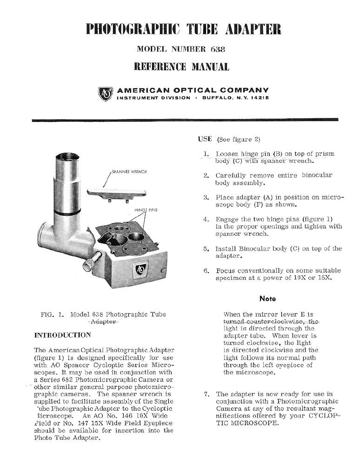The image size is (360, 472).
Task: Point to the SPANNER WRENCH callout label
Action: (x=130, y=171)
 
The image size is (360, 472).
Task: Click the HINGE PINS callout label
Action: (x=146, y=210)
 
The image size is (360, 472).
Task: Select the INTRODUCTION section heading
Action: (x=63, y=335)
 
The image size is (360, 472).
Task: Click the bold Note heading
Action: (x=267, y=299)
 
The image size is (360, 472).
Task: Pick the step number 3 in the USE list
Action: (x=206, y=197)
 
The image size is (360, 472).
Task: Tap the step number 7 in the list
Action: (x=207, y=394)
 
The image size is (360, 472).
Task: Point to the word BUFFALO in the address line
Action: (x=221, y=98)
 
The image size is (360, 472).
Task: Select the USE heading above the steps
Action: (x=205, y=139)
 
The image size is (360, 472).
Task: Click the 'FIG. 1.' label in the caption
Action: (x=53, y=314)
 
